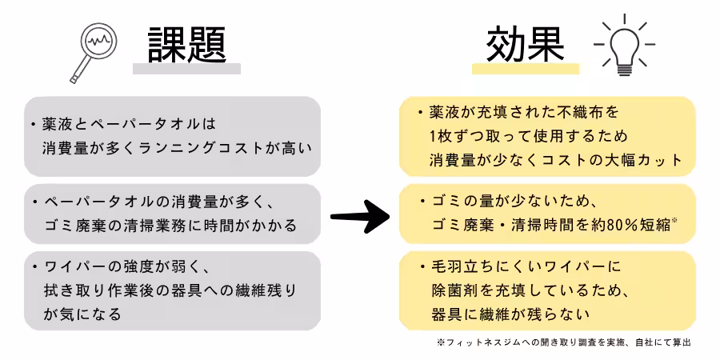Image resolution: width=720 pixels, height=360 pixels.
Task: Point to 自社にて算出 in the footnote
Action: click(661, 342)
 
